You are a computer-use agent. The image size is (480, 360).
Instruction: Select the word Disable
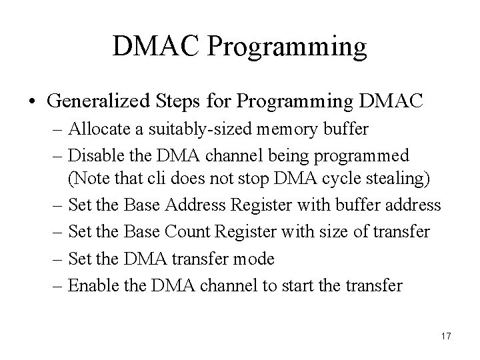(x=93, y=155)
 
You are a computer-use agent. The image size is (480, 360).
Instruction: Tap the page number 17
(x=446, y=336)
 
